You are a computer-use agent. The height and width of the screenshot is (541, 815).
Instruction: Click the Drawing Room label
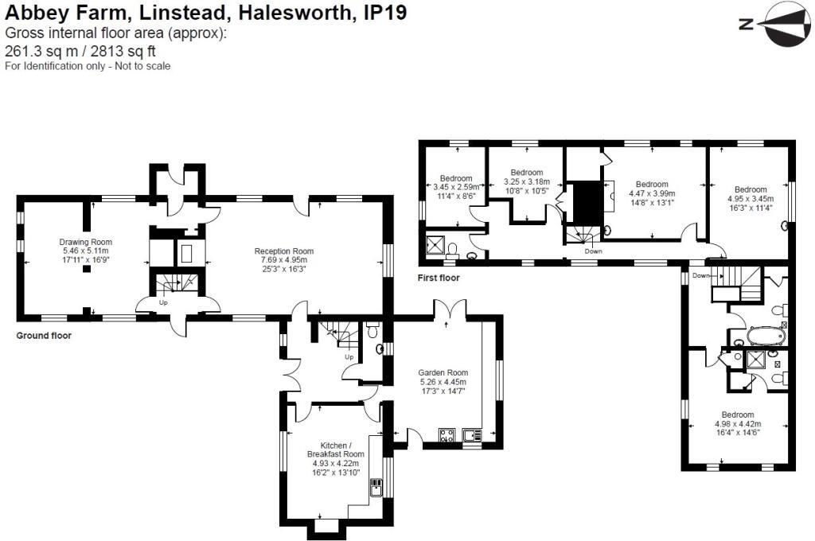[85, 242]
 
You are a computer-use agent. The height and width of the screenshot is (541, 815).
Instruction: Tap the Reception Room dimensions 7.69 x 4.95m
[284, 259]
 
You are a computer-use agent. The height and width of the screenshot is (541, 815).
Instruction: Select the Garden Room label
[443, 372]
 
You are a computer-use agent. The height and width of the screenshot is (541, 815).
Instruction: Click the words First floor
[439, 278]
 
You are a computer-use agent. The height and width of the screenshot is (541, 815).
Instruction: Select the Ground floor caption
[44, 336]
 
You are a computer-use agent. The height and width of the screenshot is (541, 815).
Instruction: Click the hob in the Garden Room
[446, 434]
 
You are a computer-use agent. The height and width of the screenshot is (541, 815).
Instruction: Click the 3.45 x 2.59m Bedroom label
[456, 178]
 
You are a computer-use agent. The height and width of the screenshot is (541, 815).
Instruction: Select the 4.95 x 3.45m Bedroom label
[751, 189]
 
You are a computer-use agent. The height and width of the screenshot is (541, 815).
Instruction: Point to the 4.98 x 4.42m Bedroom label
[738, 415]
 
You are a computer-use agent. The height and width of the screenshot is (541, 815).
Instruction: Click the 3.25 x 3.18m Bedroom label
[526, 173]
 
